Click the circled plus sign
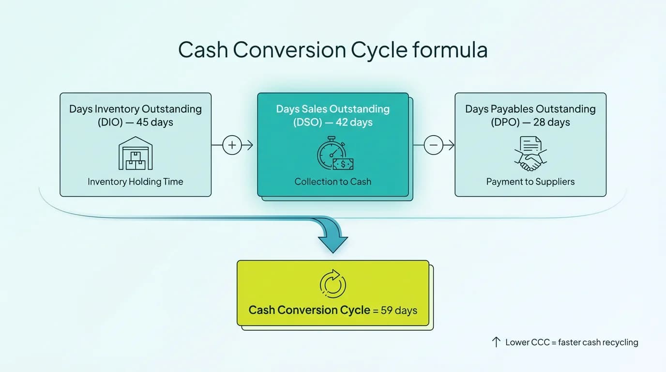(x=232, y=145)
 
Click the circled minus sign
(x=433, y=145)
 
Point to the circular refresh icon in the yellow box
(x=333, y=284)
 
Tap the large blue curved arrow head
(x=333, y=240)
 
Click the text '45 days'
(x=154, y=123)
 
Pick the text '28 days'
(x=552, y=123)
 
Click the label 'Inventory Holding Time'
(x=136, y=182)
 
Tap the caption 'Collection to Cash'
(x=333, y=182)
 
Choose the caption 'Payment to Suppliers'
(x=530, y=182)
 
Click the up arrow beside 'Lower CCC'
(x=496, y=342)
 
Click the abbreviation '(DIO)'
(x=110, y=123)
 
